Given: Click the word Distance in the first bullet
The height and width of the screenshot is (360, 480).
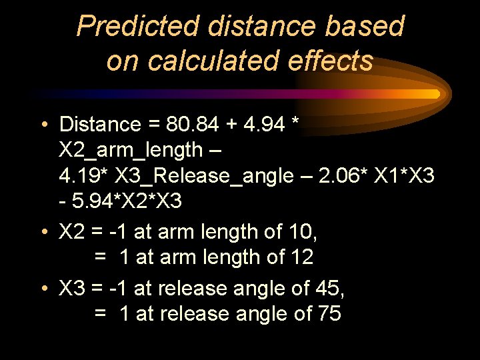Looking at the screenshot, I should tap(100, 125).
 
